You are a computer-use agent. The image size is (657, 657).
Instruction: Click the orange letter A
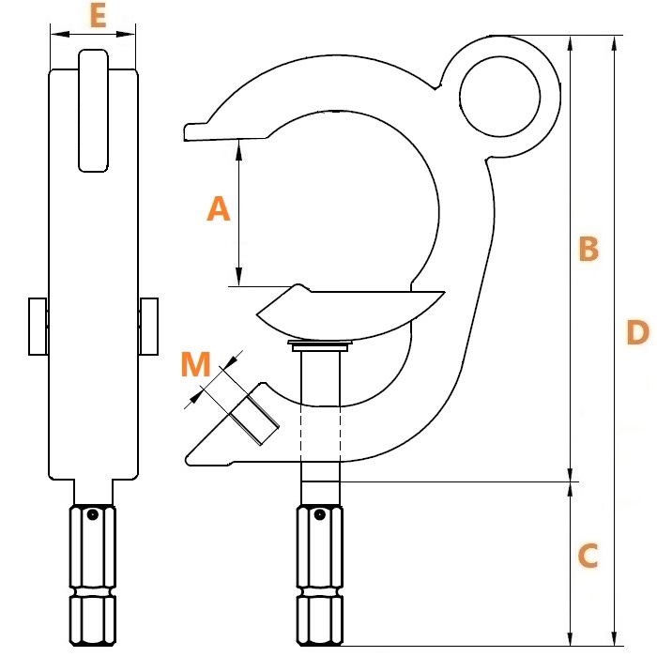pyautogui.click(x=219, y=209)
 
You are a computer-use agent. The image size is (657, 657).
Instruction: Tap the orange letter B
pyautogui.click(x=588, y=249)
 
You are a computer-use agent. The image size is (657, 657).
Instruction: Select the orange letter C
pyautogui.click(x=588, y=556)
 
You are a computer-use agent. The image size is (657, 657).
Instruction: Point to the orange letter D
pyautogui.click(x=637, y=332)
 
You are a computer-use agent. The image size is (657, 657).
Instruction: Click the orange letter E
pyautogui.click(x=98, y=17)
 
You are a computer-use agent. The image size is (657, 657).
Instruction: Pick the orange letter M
pyautogui.click(x=195, y=364)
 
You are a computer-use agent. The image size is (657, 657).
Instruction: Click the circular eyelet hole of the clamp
pyautogui.click(x=500, y=97)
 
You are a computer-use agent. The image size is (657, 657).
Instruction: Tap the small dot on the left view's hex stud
pyautogui.click(x=93, y=514)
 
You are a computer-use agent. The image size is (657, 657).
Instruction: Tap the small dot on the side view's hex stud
pyautogui.click(x=320, y=514)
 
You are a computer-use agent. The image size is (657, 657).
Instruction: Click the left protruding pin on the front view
pyautogui.click(x=38, y=327)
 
